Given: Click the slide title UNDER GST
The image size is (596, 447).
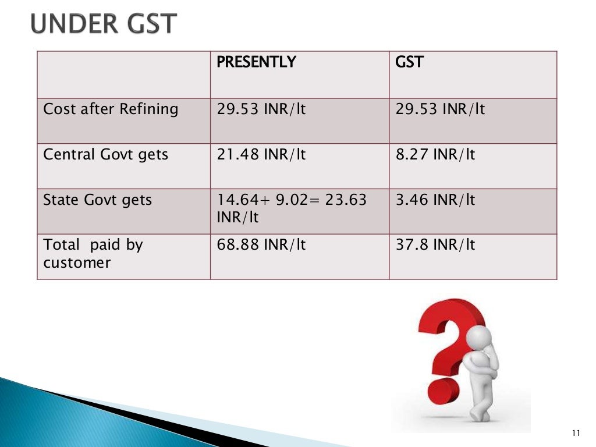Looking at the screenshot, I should tap(103, 24).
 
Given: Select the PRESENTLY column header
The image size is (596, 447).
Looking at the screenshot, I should tap(256, 62).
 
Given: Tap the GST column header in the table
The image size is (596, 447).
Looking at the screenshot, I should tap(409, 62).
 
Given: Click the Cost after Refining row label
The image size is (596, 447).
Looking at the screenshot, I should tap(111, 109).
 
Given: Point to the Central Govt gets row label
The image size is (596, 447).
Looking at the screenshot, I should tap(106, 155).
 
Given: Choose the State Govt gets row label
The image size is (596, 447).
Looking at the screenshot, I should tap(98, 200).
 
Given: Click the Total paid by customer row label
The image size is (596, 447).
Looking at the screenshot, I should tap(93, 254).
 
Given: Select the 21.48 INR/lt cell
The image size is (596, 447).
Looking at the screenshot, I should tap(261, 155).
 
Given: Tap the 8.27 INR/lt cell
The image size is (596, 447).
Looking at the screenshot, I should tap(435, 155).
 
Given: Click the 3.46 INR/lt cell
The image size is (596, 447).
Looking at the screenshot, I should tap(435, 200).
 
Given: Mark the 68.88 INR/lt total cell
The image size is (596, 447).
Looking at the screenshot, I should tap(261, 245).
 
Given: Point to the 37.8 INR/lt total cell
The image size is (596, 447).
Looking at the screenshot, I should tap(435, 245).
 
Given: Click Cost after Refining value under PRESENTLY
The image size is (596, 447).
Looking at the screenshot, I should tap(261, 109).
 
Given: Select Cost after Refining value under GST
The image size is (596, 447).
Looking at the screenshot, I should tap(441, 109).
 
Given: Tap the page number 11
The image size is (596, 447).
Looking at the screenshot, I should tap(576, 432).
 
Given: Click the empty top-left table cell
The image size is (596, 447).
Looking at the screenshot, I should tap(124, 74).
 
